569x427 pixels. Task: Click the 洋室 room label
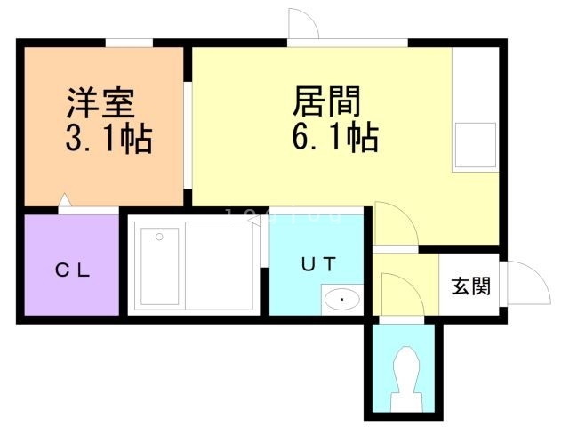100,104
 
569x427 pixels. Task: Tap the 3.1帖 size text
108,139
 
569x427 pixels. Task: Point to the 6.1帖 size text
335,138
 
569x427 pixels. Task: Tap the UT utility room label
316,263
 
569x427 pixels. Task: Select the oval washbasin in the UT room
341,299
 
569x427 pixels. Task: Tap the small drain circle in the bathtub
159,237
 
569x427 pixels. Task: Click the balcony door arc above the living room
300,24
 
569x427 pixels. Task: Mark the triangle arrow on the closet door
64,203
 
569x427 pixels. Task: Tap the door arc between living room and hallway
394,224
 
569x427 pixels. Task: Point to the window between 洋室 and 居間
188,133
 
